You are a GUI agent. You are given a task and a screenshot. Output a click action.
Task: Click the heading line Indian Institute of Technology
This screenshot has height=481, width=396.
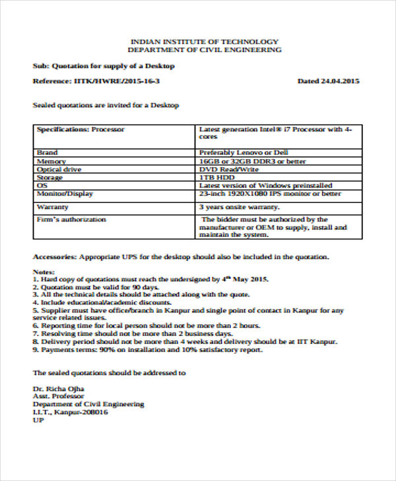click(x=205, y=41)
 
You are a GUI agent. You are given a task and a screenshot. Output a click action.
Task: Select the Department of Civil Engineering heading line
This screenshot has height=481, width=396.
click(x=205, y=49)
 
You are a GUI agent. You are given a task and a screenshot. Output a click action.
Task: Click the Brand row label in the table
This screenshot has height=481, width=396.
click(x=48, y=152)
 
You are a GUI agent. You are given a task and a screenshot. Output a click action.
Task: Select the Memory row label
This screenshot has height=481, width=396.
click(x=51, y=161)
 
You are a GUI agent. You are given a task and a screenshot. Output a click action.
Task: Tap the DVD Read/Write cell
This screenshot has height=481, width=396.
click(x=229, y=169)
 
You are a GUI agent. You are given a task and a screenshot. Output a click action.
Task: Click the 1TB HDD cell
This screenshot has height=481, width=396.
click(x=217, y=177)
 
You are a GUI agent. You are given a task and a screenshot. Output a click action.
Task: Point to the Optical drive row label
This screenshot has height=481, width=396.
click(x=57, y=169)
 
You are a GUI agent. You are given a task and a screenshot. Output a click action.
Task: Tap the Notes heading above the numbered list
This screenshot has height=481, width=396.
click(x=44, y=271)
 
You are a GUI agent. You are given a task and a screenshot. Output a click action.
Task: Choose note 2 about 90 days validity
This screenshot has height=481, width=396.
click(x=96, y=287)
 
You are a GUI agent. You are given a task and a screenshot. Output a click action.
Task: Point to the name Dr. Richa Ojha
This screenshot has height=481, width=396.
click(x=59, y=389)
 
